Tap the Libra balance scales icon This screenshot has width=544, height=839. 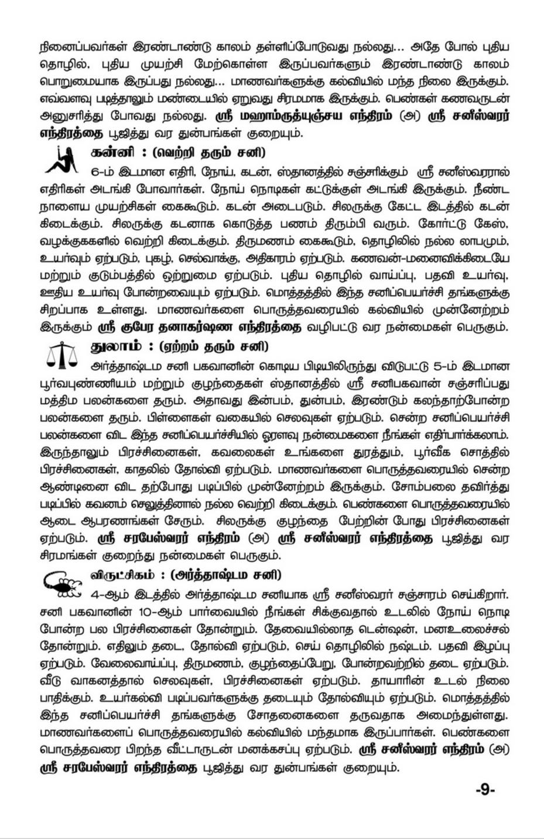click(x=60, y=355)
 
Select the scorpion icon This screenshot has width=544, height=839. click(x=61, y=582)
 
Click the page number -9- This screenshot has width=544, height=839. click(x=485, y=789)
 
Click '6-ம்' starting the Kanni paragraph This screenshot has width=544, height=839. click(x=104, y=173)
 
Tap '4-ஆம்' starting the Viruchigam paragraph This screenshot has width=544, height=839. click(x=106, y=595)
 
